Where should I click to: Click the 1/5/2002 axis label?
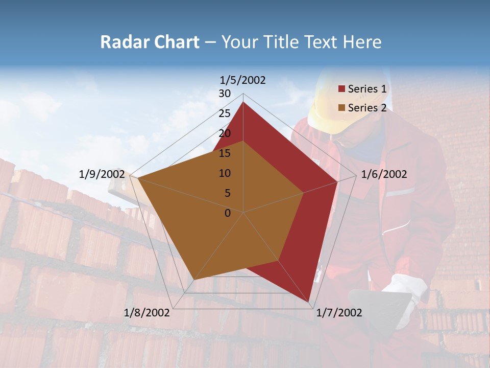(242, 80)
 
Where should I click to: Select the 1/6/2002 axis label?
(384, 174)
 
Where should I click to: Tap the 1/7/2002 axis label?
(339, 312)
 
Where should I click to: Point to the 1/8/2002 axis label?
(147, 312)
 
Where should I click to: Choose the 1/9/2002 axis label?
(102, 174)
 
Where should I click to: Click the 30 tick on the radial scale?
(225, 94)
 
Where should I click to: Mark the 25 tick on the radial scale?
(225, 113)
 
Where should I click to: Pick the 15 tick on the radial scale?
(225, 153)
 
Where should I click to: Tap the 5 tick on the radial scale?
(227, 193)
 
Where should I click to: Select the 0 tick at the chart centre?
(228, 213)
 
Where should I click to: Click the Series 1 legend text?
(367, 89)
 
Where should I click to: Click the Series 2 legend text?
(367, 108)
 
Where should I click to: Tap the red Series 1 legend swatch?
(341, 89)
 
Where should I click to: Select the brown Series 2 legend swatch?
(341, 108)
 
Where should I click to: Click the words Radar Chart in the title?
(149, 42)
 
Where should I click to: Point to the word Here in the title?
(362, 42)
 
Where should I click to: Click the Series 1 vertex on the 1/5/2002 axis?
(243, 102)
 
